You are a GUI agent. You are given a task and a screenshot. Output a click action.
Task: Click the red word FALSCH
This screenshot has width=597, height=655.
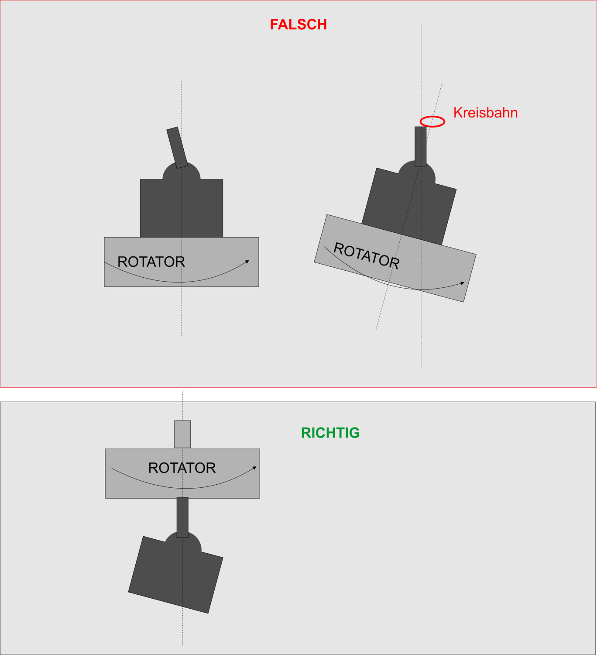pyautogui.click(x=298, y=24)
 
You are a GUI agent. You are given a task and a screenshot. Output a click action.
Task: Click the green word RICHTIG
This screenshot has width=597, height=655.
pyautogui.click(x=330, y=433)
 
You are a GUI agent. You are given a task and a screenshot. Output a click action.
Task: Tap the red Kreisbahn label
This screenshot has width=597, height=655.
pyautogui.click(x=485, y=113)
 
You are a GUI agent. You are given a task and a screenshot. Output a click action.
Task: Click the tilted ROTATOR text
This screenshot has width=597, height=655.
pyautogui.click(x=366, y=255)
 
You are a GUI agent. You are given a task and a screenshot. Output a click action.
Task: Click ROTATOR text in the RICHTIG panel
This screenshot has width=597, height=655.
pyautogui.click(x=182, y=468)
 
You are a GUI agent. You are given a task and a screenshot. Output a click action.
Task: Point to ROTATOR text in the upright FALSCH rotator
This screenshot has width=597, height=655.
pyautogui.click(x=151, y=262)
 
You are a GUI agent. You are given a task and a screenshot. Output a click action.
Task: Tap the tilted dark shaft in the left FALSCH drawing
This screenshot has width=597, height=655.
pyautogui.click(x=177, y=148)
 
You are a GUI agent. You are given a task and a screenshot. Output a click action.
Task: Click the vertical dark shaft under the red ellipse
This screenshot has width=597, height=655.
pyautogui.click(x=420, y=147)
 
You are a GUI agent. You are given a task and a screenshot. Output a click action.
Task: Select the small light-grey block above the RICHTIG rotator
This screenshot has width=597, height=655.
pyautogui.click(x=182, y=434)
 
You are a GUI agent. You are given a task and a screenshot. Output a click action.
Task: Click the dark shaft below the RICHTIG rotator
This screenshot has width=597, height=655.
pyautogui.click(x=182, y=517)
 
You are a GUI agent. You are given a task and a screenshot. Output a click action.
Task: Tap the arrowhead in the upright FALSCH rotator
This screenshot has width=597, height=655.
pyautogui.click(x=247, y=262)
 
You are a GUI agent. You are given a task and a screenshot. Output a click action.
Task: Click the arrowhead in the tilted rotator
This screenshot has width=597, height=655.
pyautogui.click(x=462, y=283)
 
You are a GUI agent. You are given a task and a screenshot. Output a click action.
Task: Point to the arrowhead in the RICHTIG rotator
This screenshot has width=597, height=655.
pyautogui.click(x=254, y=468)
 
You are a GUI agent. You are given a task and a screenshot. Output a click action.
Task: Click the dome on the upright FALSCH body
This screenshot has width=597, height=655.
pyautogui.click(x=182, y=170)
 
